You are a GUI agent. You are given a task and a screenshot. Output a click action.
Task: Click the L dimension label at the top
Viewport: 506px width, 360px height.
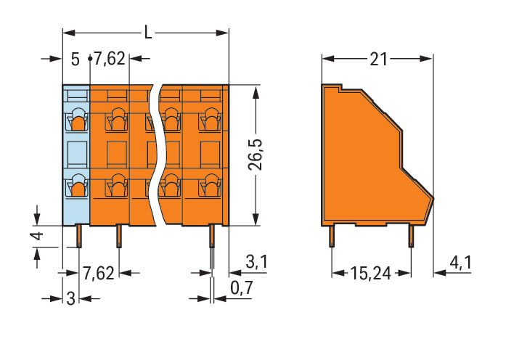pos(148,33)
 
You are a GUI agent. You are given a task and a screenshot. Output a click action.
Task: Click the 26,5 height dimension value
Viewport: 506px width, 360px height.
pos(256,155)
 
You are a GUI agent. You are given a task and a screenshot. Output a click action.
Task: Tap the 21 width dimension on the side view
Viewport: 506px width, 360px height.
pos(378,60)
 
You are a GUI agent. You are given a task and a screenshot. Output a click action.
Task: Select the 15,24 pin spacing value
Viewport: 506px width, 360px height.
pos(370,274)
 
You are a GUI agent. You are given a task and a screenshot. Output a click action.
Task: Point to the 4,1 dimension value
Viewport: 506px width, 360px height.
pos(460,263)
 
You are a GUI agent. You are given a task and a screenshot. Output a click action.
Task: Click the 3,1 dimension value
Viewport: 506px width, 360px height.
pos(257,261)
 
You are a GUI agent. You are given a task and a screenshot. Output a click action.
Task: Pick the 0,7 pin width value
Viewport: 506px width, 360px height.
pos(242,288)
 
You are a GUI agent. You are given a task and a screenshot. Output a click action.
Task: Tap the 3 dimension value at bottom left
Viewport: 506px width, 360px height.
pos(70,298)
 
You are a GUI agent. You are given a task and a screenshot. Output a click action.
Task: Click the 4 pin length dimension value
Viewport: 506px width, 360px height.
pos(38,236)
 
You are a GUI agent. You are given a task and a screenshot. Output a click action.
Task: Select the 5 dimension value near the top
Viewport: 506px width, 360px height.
pos(75,60)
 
